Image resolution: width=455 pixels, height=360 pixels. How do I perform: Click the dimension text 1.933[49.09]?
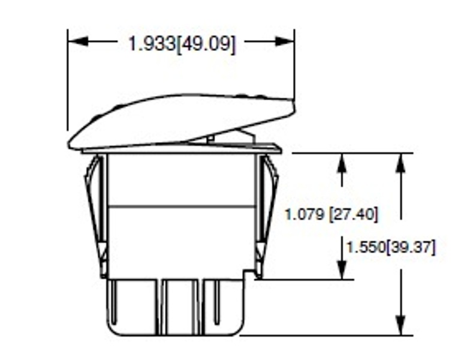click(x=182, y=44)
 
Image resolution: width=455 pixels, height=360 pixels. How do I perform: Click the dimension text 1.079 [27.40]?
click(x=332, y=215)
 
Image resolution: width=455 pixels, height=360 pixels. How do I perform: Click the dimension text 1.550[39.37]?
click(x=391, y=248)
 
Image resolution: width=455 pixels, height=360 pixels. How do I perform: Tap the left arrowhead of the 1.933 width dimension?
click(x=78, y=41)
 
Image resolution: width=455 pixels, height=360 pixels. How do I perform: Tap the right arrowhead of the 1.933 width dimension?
click(x=285, y=41)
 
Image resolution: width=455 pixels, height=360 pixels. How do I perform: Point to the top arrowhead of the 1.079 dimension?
click(x=343, y=163)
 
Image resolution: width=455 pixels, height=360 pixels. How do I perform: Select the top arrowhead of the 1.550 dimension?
click(x=400, y=163)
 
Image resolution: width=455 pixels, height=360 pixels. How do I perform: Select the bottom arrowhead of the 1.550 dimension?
click(x=400, y=325)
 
